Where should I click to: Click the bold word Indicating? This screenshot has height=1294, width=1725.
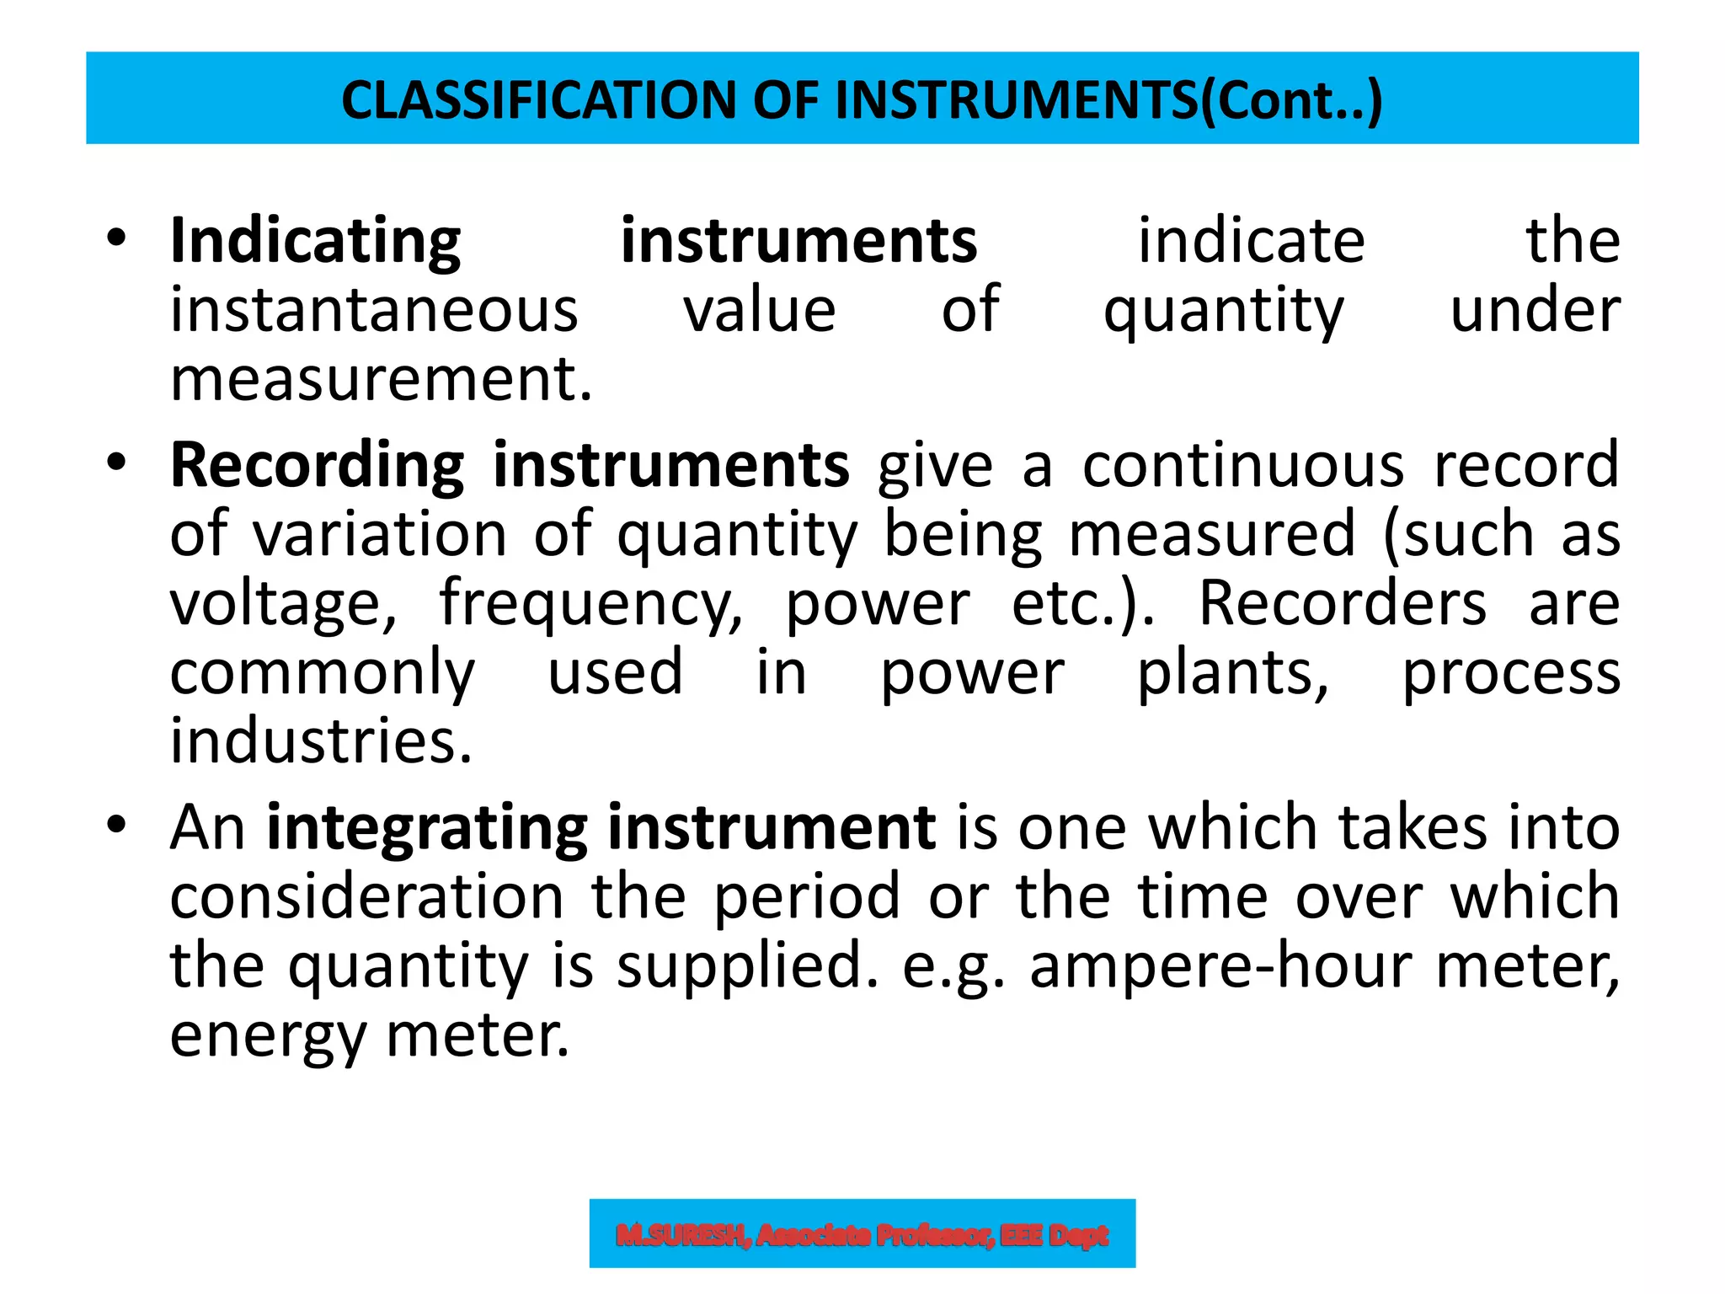(x=315, y=242)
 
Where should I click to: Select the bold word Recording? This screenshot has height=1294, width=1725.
(x=317, y=466)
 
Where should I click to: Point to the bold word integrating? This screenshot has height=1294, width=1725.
(x=427, y=829)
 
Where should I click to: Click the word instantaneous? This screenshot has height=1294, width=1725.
(x=374, y=310)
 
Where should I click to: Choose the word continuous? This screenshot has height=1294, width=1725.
(x=1243, y=466)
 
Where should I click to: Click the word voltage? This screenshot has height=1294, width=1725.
(x=283, y=605)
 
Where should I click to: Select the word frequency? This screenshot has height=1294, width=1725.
(x=590, y=605)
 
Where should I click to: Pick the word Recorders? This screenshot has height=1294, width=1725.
(x=1343, y=603)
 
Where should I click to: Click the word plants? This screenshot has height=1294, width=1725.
(x=1232, y=674)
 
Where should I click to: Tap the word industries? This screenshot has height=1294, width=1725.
(x=321, y=741)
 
